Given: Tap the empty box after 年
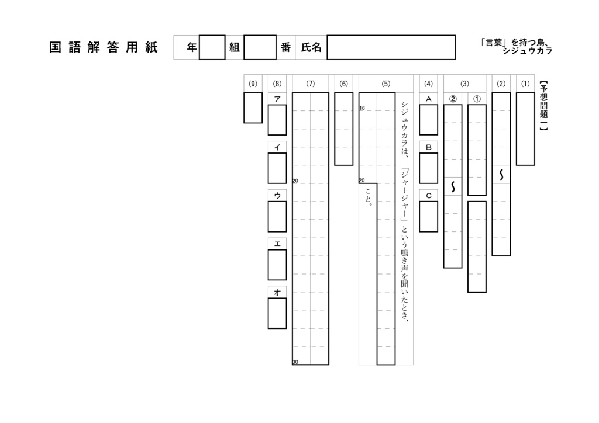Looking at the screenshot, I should (212, 47).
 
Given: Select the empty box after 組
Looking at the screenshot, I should (260, 47).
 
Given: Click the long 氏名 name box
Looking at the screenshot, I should (391, 47).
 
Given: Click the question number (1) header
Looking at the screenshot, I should (525, 84).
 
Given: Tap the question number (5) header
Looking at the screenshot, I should (385, 84).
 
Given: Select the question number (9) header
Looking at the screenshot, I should (253, 84).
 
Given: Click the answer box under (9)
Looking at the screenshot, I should (253, 108).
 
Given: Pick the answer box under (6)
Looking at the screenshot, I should (343, 129).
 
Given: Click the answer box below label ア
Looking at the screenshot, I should (277, 120).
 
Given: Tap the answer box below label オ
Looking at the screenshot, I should (277, 313).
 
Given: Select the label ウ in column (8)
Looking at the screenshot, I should (277, 196).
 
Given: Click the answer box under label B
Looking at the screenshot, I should (428, 168).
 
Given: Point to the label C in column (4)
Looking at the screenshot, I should (428, 196).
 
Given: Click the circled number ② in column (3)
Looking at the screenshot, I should (453, 99).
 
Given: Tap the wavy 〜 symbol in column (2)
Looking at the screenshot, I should (501, 175).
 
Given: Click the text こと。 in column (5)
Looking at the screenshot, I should (368, 197).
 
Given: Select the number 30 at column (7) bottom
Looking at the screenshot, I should (295, 362).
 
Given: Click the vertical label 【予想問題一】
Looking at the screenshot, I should (543, 109).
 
